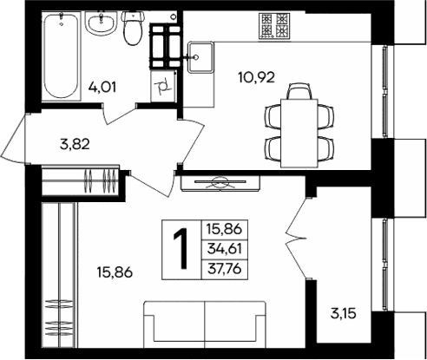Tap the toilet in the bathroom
[x=133, y=29]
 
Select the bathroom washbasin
[x=103, y=21]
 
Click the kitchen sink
[x=200, y=57]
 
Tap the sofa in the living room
[x=203, y=327]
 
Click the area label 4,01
[x=103, y=86]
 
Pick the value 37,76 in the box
[x=224, y=269]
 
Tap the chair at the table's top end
[x=298, y=90]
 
